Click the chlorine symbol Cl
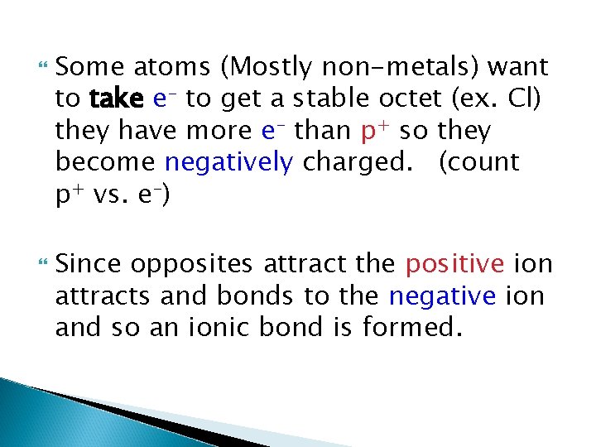(x=526, y=99)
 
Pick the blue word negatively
(x=228, y=163)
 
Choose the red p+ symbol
(x=376, y=131)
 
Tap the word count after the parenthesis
(x=487, y=162)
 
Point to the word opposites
(x=195, y=265)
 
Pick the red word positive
(x=454, y=265)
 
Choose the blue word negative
(x=442, y=296)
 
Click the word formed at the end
(x=411, y=328)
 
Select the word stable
(x=311, y=99)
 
